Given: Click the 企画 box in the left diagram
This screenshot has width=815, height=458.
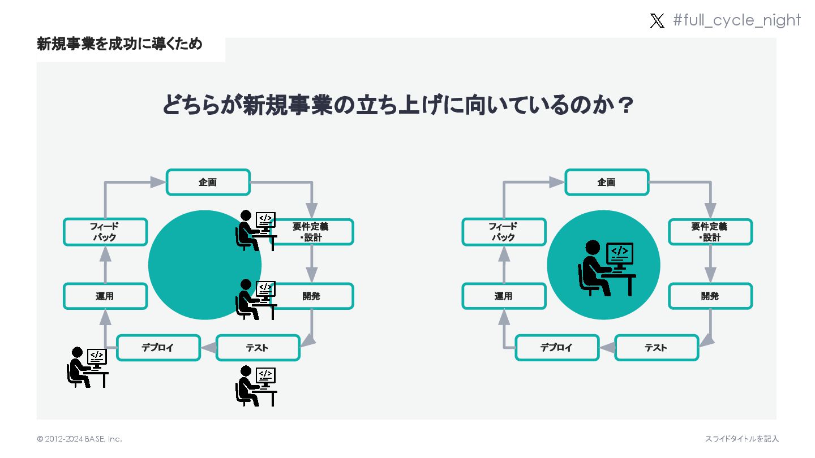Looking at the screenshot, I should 208,182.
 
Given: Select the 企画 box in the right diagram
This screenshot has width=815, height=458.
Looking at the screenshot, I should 607,182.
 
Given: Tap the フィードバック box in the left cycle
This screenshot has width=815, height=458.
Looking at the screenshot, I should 105,232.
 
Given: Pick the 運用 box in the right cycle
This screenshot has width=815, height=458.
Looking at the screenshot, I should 504,296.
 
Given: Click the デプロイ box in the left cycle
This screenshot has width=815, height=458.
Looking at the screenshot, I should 158,347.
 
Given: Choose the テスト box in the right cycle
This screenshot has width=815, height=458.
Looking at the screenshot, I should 657,347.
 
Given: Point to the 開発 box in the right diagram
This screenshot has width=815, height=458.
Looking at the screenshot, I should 710,296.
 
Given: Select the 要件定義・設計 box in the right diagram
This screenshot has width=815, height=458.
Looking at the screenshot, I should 710,232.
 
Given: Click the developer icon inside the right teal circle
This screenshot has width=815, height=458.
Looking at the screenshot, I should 606,268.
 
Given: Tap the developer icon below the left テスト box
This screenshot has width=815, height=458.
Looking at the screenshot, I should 256,386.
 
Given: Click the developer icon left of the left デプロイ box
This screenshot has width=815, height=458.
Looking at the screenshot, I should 88,367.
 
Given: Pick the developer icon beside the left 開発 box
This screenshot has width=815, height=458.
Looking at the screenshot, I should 256,299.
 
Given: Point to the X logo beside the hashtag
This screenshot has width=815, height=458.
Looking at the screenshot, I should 657,21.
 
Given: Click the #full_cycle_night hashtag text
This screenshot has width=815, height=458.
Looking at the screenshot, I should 737,20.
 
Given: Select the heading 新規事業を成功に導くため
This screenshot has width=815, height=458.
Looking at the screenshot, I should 119,44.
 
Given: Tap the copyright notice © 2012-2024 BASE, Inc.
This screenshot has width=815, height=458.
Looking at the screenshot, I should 80,439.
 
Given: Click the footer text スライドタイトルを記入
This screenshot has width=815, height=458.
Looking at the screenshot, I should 741,439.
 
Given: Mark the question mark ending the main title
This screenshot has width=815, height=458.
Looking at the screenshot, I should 625,106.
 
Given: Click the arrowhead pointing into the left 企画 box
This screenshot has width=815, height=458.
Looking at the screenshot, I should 158,182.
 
